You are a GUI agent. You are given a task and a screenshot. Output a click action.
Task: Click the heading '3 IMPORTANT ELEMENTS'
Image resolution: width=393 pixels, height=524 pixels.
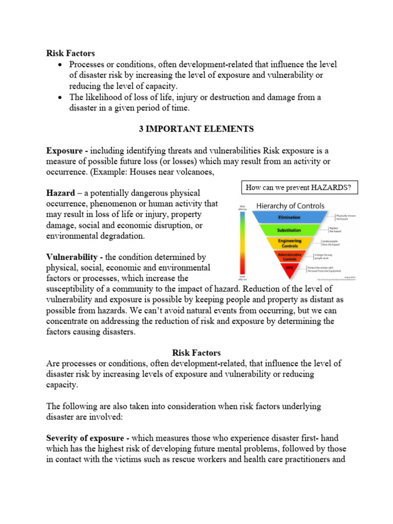(x=196, y=129)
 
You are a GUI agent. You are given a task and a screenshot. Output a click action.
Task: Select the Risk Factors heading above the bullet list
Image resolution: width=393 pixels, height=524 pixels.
(x=71, y=53)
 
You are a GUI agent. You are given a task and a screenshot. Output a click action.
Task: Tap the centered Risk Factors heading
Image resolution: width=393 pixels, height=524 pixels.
(x=196, y=353)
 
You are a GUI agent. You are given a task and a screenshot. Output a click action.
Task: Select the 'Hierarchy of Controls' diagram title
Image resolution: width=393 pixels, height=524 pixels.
(x=290, y=206)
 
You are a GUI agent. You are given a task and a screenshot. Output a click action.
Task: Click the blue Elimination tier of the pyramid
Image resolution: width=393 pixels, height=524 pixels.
(x=289, y=216)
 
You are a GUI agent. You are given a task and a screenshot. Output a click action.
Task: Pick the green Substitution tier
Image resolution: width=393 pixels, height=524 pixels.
(x=289, y=230)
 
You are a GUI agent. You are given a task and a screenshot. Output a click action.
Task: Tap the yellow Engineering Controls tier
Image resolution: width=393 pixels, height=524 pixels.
(x=289, y=242)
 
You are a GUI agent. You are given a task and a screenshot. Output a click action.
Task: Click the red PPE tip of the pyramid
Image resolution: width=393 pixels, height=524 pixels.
(x=289, y=267)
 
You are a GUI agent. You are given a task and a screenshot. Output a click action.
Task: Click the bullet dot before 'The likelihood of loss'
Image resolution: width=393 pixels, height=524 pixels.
(x=61, y=97)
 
